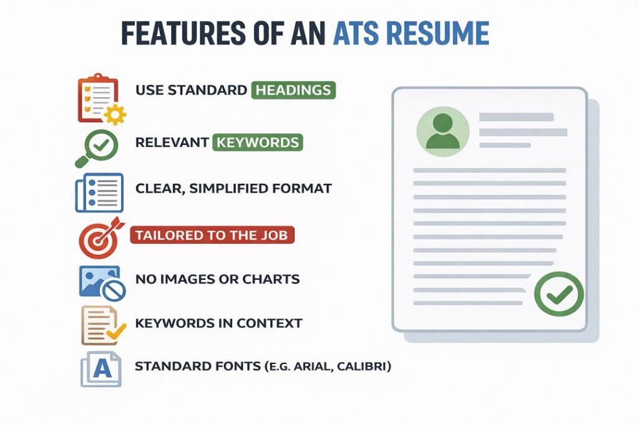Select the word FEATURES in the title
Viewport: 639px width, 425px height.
[173, 34]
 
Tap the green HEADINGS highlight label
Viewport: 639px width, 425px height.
[294, 90]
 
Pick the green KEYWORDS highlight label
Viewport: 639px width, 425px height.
[258, 142]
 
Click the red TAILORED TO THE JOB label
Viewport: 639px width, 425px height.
[212, 236]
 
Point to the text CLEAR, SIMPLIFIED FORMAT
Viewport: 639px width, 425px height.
[233, 188]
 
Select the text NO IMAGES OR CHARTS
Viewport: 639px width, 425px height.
[218, 279]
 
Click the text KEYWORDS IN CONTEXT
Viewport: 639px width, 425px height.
[218, 323]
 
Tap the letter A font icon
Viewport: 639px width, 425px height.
[100, 369]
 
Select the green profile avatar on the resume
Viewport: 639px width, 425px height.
[442, 131]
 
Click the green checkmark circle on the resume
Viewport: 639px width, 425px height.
[559, 294]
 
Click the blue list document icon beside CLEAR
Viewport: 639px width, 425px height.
[99, 193]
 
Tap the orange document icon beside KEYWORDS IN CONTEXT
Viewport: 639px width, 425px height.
[99, 325]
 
